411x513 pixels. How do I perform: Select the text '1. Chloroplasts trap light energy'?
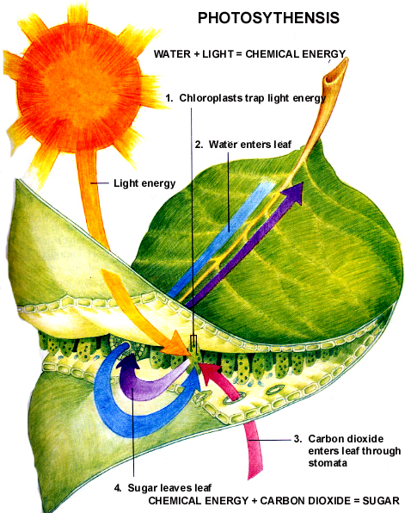[244, 99]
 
